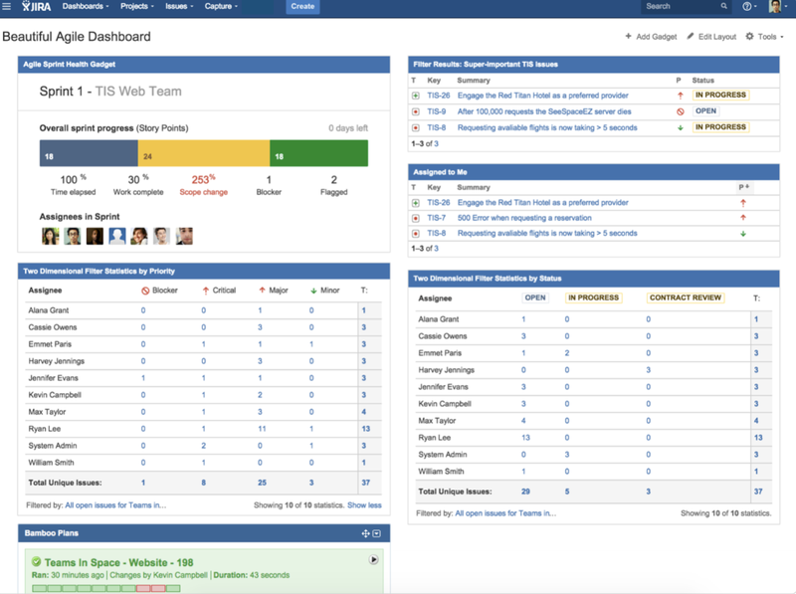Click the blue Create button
302,7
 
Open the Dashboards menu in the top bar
86,6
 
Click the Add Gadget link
651,37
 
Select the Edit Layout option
711,37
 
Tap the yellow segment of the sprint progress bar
204,153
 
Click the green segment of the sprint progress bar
318,153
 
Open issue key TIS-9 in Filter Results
437,111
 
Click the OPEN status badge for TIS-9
705,111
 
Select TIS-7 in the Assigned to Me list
437,218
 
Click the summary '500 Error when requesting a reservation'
524,218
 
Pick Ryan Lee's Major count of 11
262,429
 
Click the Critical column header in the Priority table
219,291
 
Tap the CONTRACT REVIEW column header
686,298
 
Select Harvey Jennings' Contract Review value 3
649,370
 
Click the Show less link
364,505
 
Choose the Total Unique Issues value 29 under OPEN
525,492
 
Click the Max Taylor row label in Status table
437,421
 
